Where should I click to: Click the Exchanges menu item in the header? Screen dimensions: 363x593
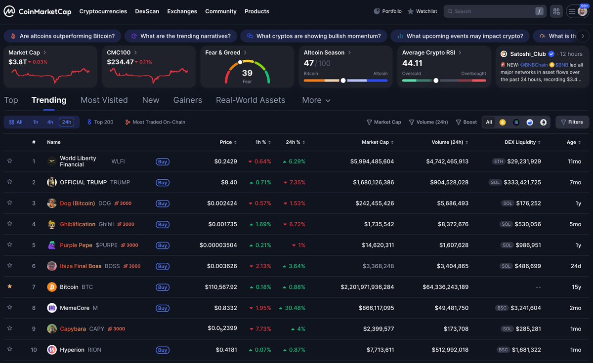pos(182,11)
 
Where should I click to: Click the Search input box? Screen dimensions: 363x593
pos(494,11)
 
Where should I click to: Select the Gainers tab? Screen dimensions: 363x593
pos(187,100)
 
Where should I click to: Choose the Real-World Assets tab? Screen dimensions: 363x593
pos(250,100)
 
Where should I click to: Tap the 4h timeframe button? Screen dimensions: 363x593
pos(50,122)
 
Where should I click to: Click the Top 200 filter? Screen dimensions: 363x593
pos(100,122)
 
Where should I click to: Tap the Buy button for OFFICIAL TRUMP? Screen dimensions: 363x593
pos(162,183)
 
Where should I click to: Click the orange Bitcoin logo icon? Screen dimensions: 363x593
pos(52,287)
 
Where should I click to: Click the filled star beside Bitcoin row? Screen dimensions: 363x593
pos(9,286)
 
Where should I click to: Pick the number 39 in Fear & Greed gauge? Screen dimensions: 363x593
pos(247,73)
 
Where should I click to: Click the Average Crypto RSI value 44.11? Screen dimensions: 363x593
pos(412,63)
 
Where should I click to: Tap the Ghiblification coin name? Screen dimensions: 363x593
pos(78,224)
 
